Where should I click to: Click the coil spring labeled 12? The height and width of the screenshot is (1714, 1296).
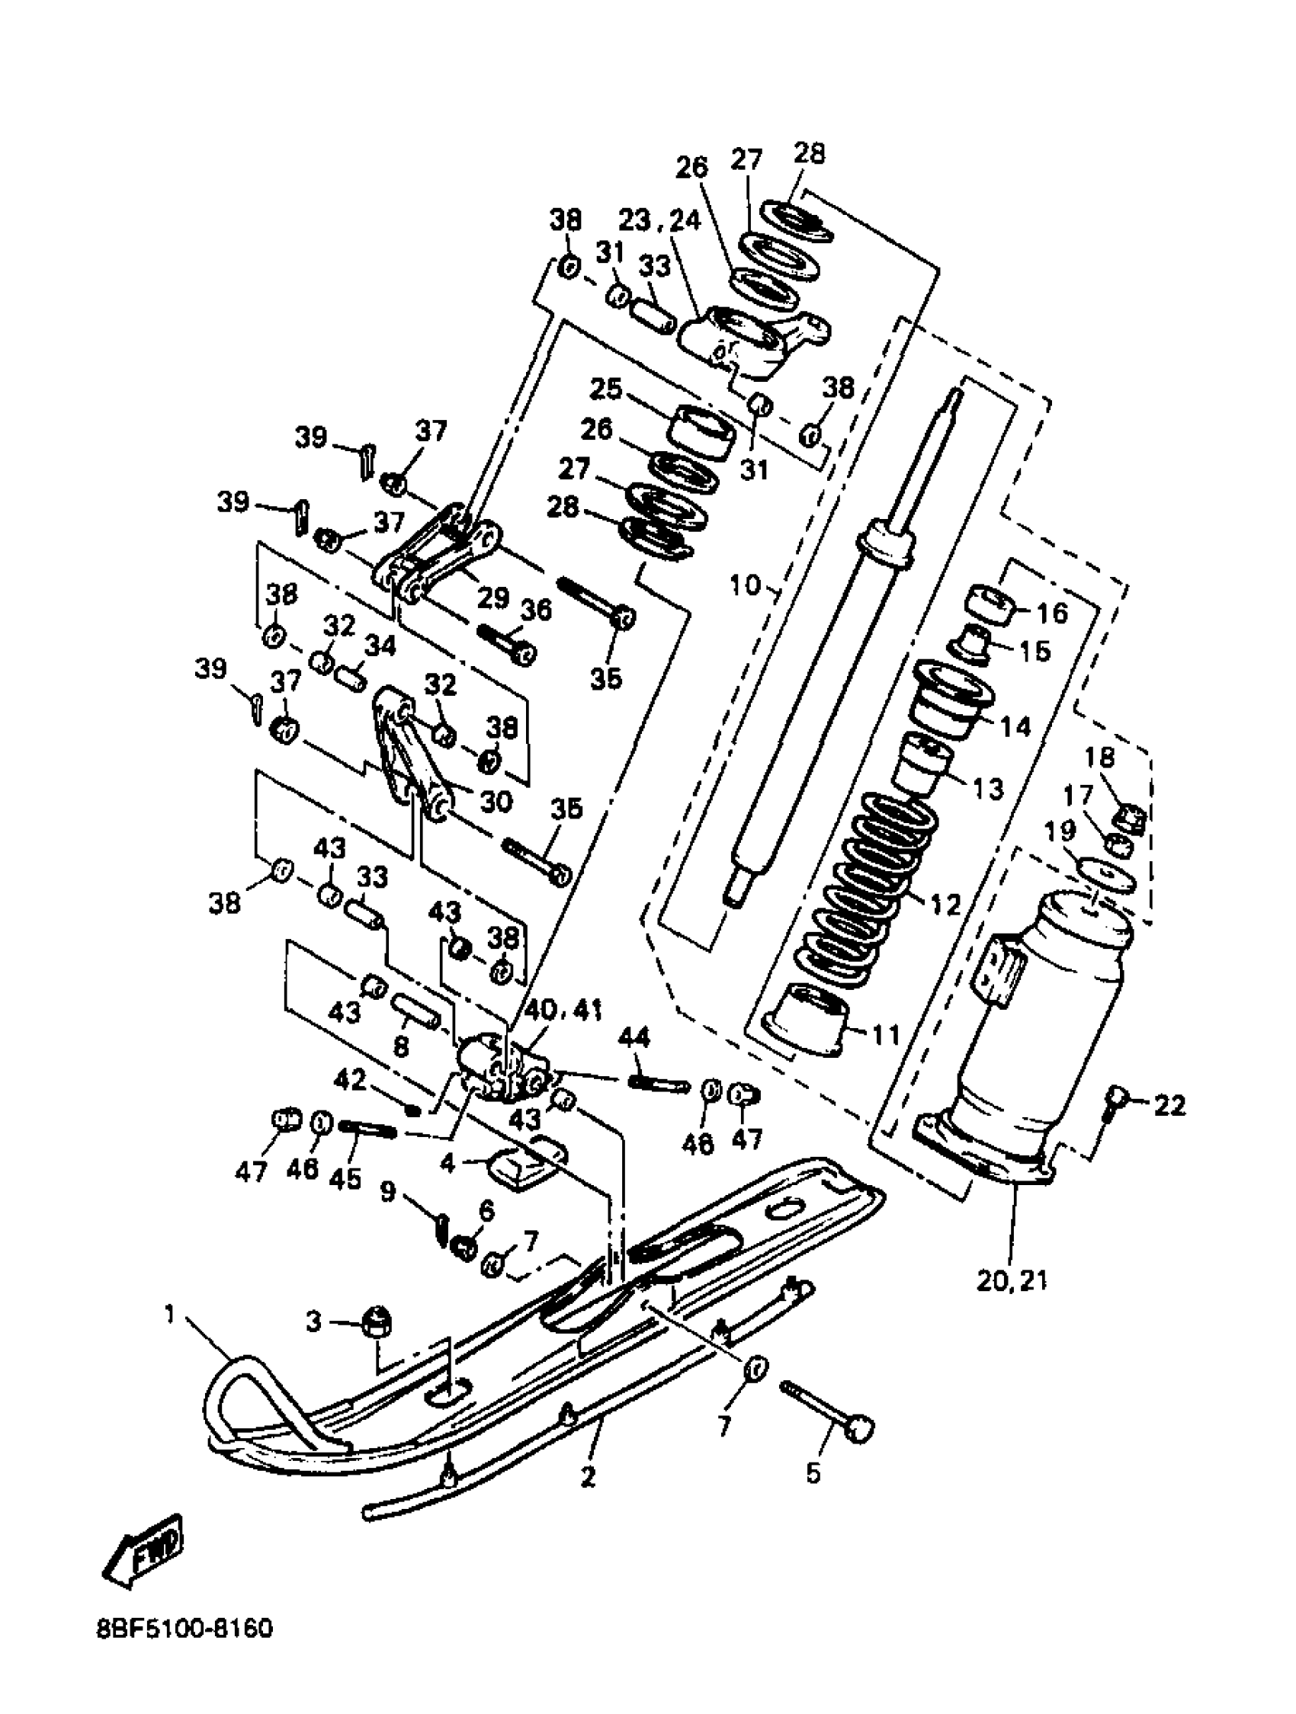[868, 883]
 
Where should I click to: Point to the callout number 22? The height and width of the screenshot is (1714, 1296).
[1169, 1105]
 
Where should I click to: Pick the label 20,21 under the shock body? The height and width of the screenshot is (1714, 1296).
[1012, 1281]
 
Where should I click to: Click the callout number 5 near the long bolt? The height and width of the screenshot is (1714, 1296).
[813, 1472]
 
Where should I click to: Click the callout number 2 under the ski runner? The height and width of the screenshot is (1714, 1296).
[589, 1478]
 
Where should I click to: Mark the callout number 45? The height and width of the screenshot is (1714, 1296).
[345, 1177]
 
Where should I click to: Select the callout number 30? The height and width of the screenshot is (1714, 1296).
[496, 800]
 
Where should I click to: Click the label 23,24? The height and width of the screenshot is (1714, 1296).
[659, 221]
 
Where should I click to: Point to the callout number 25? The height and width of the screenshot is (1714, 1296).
[605, 389]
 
